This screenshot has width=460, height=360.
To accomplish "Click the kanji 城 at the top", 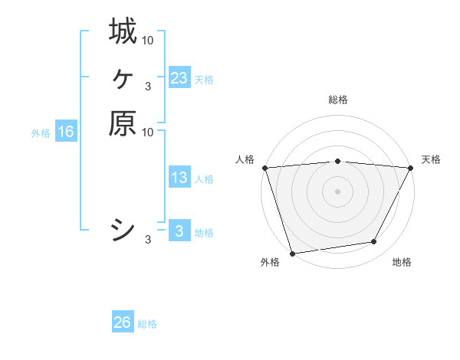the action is [x=123, y=31].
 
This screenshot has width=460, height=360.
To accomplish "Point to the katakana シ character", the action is [x=123, y=231].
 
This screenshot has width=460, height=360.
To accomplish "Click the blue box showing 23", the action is [x=179, y=78].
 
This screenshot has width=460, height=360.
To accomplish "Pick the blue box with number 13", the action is [x=179, y=178].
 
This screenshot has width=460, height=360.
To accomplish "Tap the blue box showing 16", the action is [x=66, y=132].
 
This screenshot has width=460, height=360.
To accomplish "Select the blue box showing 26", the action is [x=123, y=322].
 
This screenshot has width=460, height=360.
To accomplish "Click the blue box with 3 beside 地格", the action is [x=179, y=231].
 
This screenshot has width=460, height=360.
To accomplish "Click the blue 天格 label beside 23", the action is [x=204, y=79].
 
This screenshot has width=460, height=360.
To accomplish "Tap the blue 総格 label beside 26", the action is [x=147, y=323].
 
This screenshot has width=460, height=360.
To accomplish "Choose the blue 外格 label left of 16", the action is [x=41, y=133].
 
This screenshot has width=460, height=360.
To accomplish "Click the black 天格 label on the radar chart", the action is [x=431, y=159].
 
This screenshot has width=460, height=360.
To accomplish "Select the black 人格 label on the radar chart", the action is [x=245, y=159].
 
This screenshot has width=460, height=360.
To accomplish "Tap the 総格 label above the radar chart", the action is [x=337, y=100].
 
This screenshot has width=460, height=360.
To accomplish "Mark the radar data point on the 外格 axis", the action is [x=292, y=253].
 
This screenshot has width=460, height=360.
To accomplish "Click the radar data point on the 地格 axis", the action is [x=374, y=242].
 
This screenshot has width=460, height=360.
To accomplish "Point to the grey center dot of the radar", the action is [x=337, y=191].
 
